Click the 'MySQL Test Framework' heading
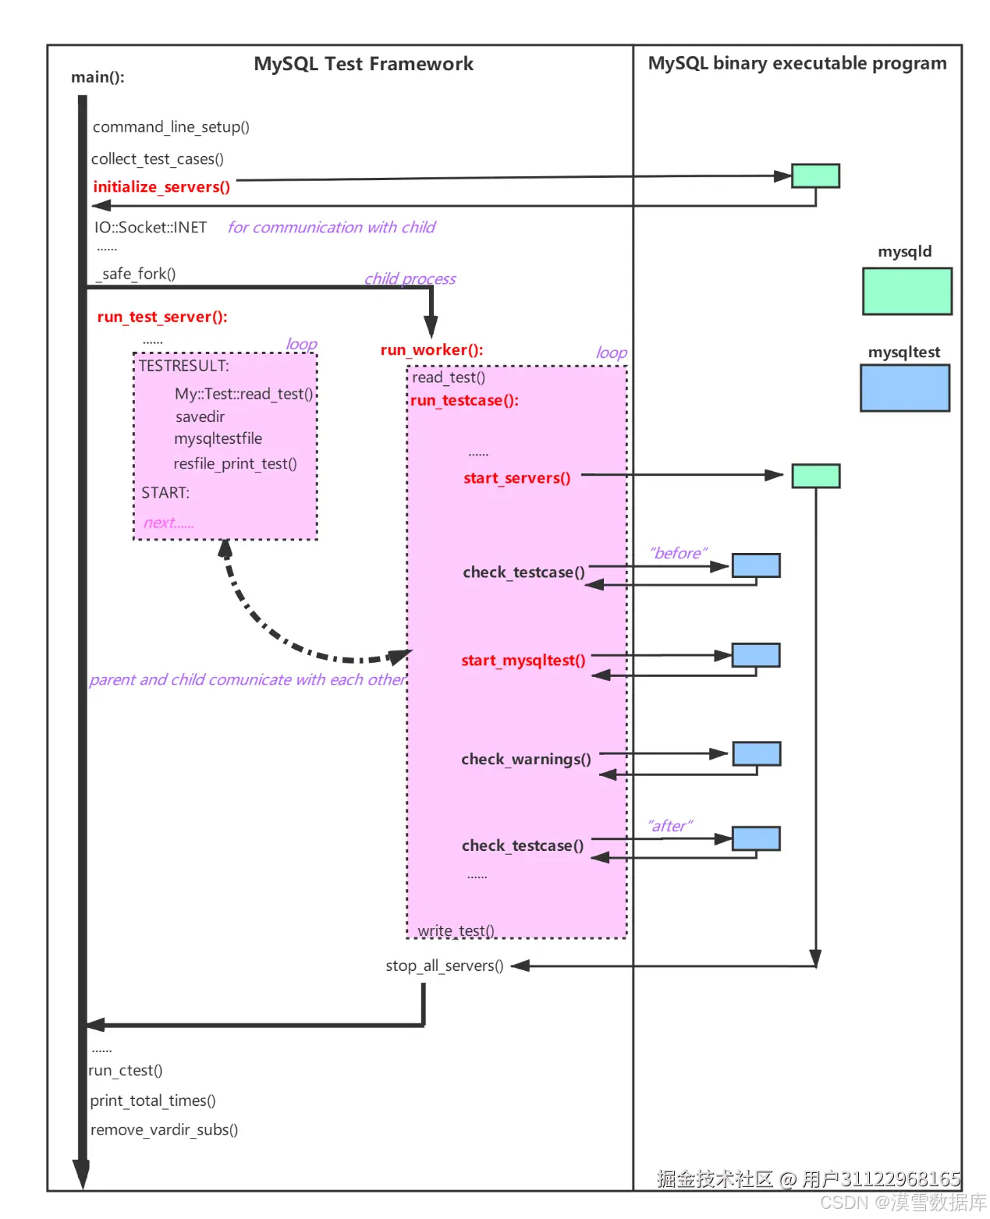click(364, 64)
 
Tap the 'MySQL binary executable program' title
click(797, 63)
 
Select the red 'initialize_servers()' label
click(161, 187)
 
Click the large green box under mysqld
click(907, 291)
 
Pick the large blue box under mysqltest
click(904, 388)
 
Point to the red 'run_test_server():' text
click(162, 317)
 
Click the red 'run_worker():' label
click(431, 350)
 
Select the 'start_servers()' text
click(516, 478)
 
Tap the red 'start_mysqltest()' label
click(523, 661)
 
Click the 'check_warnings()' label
click(526, 760)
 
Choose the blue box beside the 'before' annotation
click(755, 565)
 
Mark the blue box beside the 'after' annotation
click(755, 838)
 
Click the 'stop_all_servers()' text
click(444, 966)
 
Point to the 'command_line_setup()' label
click(171, 127)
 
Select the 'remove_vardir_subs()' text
click(164, 1129)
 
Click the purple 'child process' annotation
click(410, 278)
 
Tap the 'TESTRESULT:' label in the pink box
click(184, 366)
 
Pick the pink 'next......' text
click(169, 523)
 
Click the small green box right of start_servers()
click(815, 476)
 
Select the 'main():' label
click(98, 77)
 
